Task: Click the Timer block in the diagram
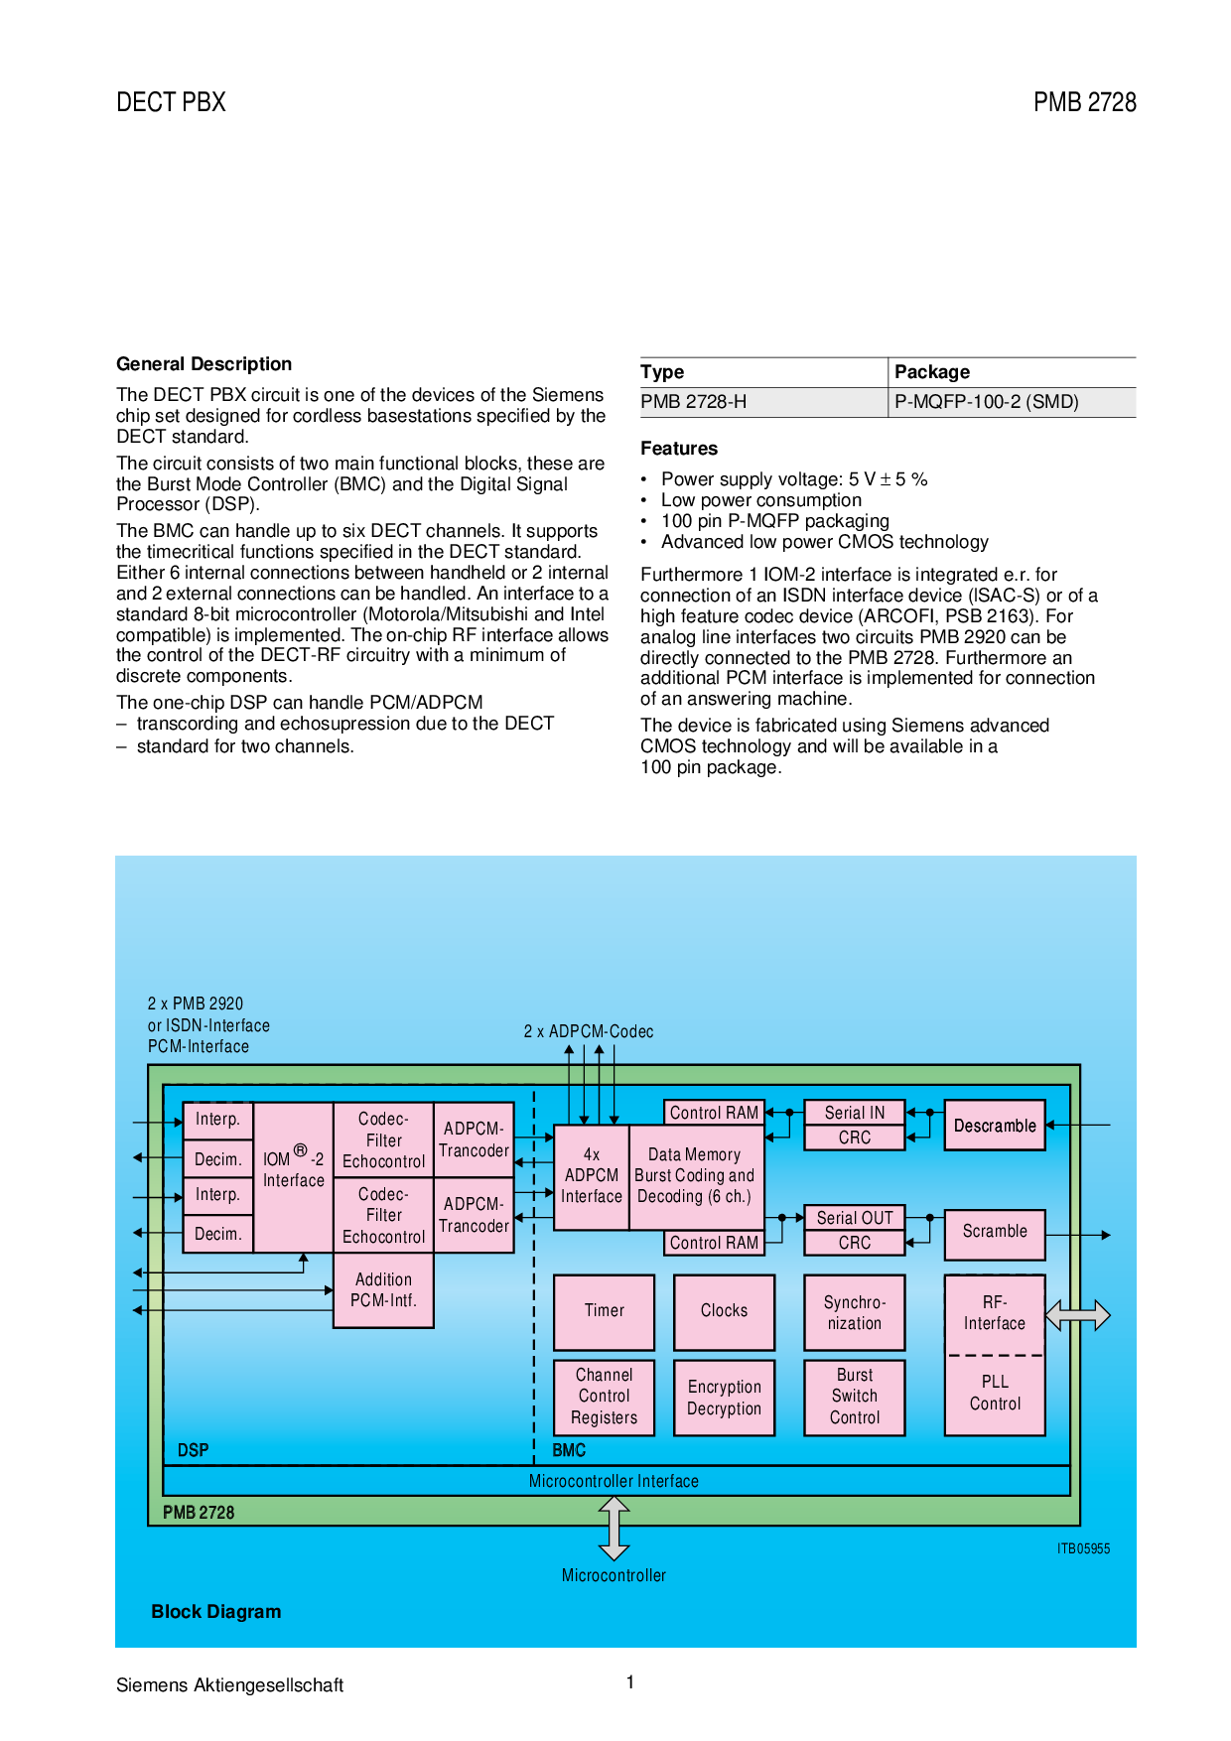[x=604, y=1312]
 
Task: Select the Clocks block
[x=724, y=1312]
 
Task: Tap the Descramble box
[x=995, y=1125]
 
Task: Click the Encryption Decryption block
[x=724, y=1398]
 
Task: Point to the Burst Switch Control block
[x=855, y=1398]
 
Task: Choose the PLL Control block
[x=995, y=1396]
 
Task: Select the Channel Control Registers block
[x=604, y=1398]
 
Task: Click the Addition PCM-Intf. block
[x=383, y=1290]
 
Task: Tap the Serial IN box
[x=855, y=1113]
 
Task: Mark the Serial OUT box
[x=855, y=1218]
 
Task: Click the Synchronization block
[x=855, y=1312]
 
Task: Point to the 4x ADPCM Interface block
[x=592, y=1177]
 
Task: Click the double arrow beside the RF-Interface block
[x=1078, y=1315]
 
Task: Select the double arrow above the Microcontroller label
[x=614, y=1529]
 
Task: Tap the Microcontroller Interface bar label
[x=614, y=1481]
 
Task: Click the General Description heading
[x=204, y=364]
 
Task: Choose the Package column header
[x=932, y=372]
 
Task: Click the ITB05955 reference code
[x=1083, y=1548]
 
